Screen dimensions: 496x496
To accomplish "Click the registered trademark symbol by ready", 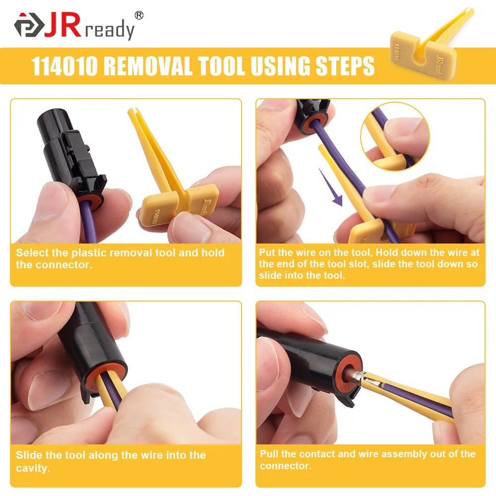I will (x=139, y=15).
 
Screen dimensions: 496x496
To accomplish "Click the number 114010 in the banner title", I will (x=64, y=66).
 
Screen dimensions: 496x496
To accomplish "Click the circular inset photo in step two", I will (x=395, y=137).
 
